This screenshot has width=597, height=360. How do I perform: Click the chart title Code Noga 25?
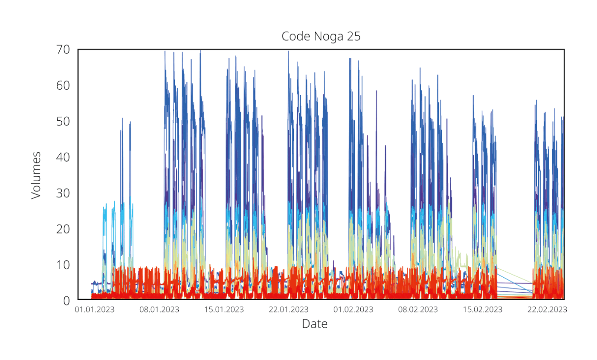[321, 37]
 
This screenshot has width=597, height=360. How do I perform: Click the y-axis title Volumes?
[36, 175]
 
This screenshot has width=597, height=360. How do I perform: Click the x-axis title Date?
[315, 324]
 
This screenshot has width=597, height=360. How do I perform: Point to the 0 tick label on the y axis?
[67, 301]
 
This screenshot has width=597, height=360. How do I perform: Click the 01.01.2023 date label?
[95, 310]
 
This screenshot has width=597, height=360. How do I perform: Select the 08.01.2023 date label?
[159, 310]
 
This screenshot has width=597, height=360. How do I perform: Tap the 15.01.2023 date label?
[224, 310]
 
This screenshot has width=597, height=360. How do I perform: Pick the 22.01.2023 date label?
[288, 310]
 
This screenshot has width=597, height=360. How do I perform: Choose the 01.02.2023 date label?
[353, 310]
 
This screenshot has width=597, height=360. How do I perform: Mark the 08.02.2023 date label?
[418, 310]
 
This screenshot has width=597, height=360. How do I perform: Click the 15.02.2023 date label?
[483, 310]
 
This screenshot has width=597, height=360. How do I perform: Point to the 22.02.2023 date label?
[547, 310]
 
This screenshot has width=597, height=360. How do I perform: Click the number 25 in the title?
[354, 37]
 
